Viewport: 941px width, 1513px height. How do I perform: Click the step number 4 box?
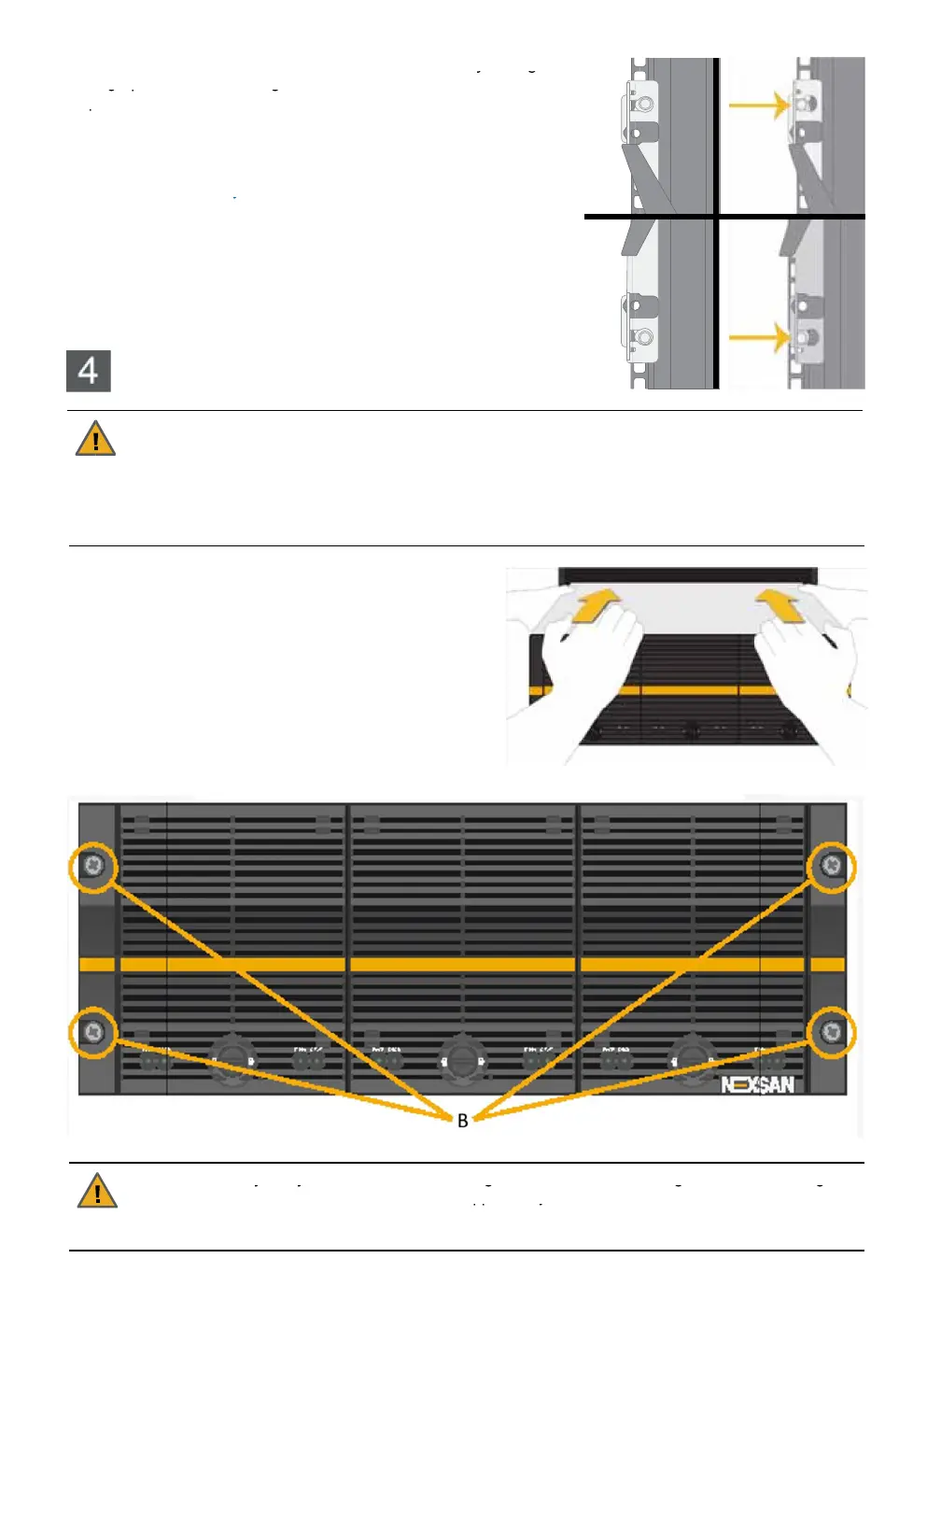(89, 371)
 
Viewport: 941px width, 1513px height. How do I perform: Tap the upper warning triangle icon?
(95, 439)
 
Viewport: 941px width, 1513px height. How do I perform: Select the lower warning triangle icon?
(97, 1191)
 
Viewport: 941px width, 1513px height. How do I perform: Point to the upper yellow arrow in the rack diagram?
(759, 105)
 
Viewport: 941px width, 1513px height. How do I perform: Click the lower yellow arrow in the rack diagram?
(759, 337)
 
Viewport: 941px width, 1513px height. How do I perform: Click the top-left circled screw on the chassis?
(93, 866)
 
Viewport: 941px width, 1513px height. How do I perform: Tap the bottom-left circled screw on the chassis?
(93, 1032)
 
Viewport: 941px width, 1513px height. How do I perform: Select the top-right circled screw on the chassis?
(831, 866)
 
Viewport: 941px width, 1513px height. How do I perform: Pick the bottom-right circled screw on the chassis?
(831, 1032)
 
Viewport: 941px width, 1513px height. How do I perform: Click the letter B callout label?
(463, 1120)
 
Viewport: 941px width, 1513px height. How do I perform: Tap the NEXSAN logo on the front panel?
(757, 1084)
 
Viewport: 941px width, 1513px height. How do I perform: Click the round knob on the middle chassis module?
(461, 1059)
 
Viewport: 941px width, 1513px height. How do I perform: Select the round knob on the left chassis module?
(232, 1059)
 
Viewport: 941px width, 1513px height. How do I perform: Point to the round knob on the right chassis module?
(691, 1059)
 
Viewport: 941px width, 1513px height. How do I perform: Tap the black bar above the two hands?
(687, 575)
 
